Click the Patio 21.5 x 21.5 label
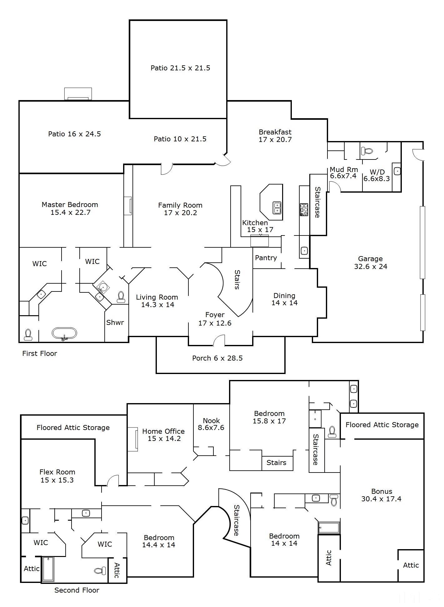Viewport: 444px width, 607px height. coord(180,68)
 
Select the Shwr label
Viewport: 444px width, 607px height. coord(115,322)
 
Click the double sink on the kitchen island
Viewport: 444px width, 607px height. coord(277,208)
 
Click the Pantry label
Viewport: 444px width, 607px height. coord(266,258)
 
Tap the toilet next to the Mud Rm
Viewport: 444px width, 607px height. coord(367,151)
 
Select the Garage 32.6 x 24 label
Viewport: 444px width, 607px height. coord(371,262)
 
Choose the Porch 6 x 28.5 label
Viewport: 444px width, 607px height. coord(217,358)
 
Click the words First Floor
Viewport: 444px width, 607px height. coord(40,353)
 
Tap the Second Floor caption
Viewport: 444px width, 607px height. coord(77,590)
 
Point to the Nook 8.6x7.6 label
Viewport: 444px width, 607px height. coord(211,424)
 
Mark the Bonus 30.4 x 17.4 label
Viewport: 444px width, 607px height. coord(381,495)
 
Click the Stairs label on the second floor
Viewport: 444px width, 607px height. coord(276,463)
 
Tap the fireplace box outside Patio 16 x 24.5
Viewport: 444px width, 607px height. coord(78,94)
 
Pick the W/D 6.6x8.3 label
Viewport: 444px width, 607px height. coord(377,175)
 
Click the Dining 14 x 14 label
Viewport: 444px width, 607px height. coord(284,299)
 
